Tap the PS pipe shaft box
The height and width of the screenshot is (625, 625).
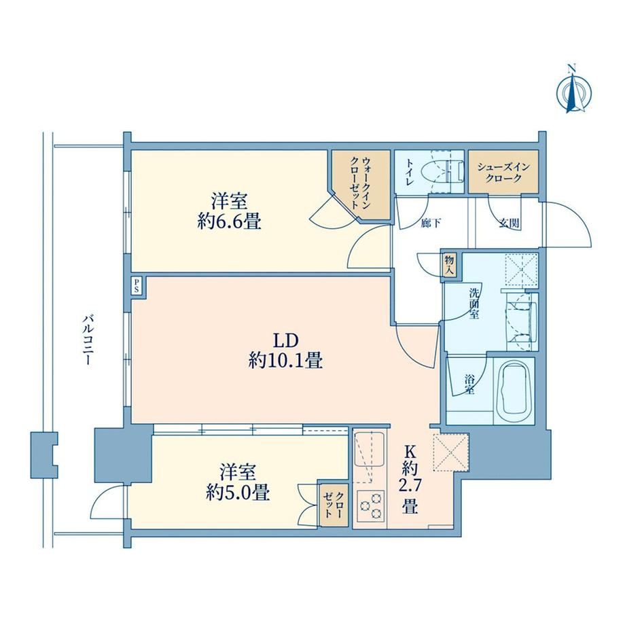(137, 286)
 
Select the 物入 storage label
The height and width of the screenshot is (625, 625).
(450, 266)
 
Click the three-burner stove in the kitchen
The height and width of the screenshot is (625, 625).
(372, 506)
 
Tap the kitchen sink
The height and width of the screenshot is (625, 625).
(369, 449)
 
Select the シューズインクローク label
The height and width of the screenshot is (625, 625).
(503, 172)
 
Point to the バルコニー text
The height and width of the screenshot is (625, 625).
(88, 340)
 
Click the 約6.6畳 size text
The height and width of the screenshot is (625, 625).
(229, 221)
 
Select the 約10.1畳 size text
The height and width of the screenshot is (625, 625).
(285, 360)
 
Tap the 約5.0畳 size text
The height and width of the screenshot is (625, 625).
(238, 493)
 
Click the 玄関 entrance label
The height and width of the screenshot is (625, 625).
(510, 224)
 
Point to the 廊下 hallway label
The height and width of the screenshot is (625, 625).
(431, 224)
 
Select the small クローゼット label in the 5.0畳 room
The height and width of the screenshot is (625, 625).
(334, 505)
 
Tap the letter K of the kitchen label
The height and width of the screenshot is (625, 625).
(410, 452)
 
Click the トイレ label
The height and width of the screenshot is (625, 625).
(410, 172)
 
